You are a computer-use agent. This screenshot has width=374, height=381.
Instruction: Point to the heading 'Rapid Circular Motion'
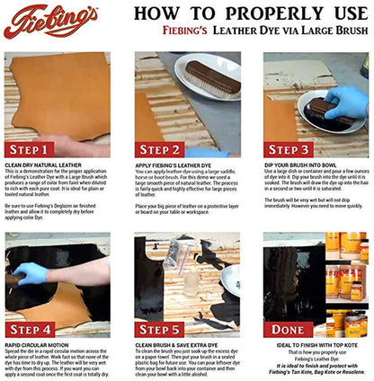click(x=40, y=346)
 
